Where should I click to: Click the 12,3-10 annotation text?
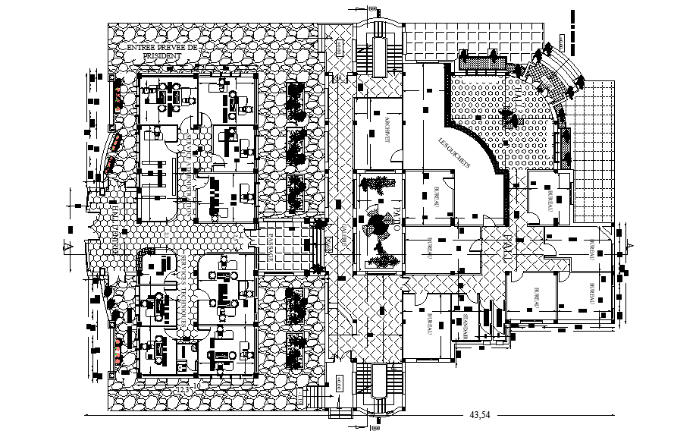[189, 388]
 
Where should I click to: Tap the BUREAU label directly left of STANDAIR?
[428, 325]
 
